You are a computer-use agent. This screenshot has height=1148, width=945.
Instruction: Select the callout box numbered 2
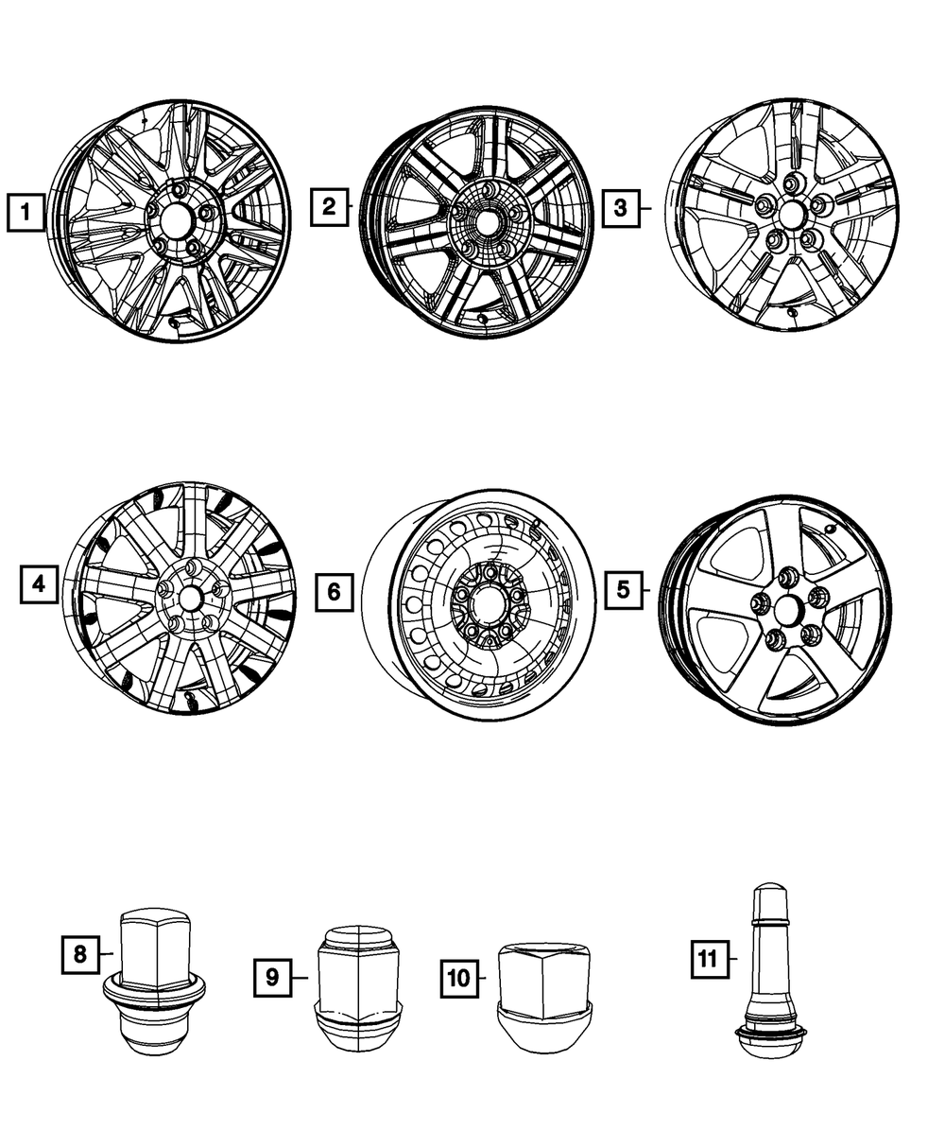pos(329,206)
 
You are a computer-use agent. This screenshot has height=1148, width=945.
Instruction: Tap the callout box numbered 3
pos(620,206)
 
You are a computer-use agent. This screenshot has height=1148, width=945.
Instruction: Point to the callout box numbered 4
pos(39,585)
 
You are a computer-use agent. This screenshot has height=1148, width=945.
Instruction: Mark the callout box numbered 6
pos(334,593)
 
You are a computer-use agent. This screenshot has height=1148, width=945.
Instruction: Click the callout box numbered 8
pos(79,954)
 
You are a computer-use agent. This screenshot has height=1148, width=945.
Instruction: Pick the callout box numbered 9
pos(272,977)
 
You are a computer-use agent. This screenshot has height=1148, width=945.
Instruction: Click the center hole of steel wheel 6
pos(491,601)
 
